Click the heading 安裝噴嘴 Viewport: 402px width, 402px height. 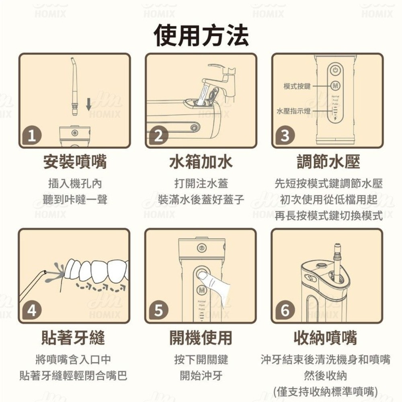point(75,162)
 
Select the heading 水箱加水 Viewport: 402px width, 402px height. point(201,162)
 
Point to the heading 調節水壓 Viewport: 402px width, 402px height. point(328,162)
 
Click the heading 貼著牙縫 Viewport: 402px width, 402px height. point(73,338)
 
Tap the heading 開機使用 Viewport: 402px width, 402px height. point(201,338)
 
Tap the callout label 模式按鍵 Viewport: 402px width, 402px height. point(297,86)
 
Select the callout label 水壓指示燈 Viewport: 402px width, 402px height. point(293,111)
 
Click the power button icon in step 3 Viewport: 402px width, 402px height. point(335,71)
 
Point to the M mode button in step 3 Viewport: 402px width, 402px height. point(335,86)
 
